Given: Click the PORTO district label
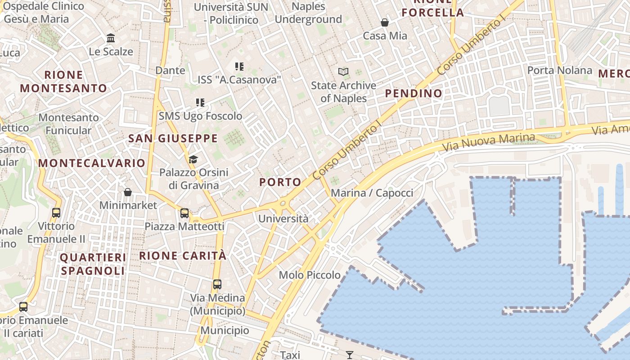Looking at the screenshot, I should coord(280,182).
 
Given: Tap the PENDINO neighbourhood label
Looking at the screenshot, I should coord(414,94).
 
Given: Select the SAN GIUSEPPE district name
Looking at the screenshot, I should coord(173,139).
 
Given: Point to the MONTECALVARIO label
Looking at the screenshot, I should coord(92,163).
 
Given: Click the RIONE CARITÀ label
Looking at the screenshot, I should coord(183,256).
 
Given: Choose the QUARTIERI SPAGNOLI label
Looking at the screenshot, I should coord(93,264).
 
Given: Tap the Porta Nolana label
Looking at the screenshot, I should coord(559,70).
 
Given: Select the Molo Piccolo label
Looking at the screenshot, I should coord(310,275).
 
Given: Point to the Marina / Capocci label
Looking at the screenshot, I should coord(372,193).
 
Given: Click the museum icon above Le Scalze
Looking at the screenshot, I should coord(111,38).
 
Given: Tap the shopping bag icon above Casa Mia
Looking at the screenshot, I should coord(385,22).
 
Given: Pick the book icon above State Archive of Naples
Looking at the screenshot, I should coord(343,72).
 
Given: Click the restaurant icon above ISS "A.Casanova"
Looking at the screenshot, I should coord(239,67).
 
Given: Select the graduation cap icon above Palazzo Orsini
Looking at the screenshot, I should coord(193,159).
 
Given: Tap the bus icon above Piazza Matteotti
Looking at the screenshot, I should coord(184,213).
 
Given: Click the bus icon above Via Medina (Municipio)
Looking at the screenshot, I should coord(217,284).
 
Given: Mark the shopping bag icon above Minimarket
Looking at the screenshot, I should coord(128,192).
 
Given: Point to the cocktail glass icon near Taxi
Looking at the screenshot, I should coord(350,355).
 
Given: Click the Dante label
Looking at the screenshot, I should coord(170,70).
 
